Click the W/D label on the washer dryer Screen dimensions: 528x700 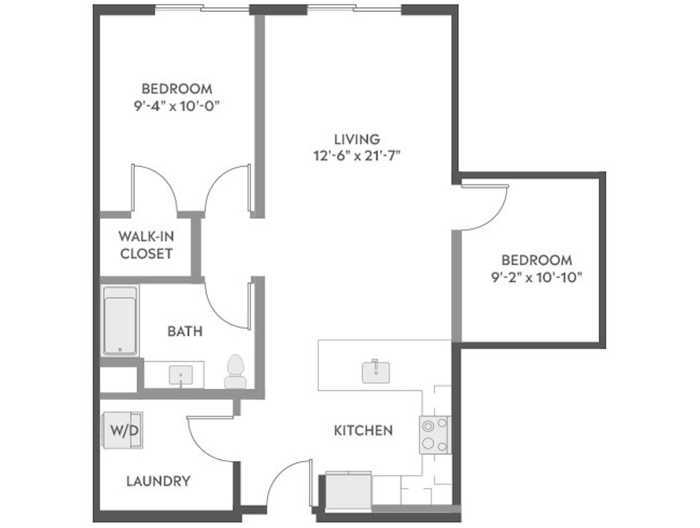pos(124,431)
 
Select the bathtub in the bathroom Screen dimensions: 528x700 pos(120,321)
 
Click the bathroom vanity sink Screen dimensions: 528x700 pos(181,375)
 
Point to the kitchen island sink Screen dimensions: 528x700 pos(376,372)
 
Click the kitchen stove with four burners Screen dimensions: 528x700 pos(435,435)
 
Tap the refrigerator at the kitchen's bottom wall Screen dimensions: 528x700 pos(348,491)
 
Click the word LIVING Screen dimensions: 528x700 pos(357,139)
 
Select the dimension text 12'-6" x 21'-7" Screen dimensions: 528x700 pos(357,156)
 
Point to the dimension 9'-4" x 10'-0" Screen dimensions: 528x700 pos(177,106)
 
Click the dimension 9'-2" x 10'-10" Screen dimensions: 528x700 pos(536,278)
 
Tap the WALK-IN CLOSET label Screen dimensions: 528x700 pos(146,245)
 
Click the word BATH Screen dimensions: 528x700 pos(185,331)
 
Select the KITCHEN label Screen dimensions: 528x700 pos(363,431)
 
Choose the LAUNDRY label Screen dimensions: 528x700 pos(158,481)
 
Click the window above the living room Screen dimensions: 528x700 pos(354,8)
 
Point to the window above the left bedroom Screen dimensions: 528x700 pos(202,8)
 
